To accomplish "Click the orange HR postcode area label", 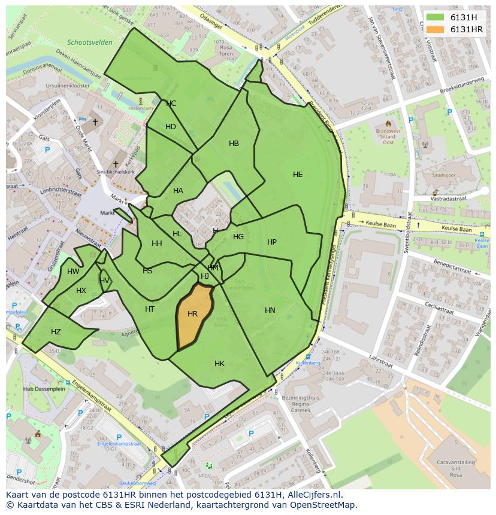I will point(192,314).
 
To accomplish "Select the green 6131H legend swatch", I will point(435,17).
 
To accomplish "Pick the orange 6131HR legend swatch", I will point(435,29).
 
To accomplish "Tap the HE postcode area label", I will point(298,175).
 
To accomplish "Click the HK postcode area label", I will point(219,364).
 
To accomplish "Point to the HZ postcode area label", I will point(56,332).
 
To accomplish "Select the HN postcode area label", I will point(270,310).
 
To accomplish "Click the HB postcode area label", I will point(234,144).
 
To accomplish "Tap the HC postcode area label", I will point(171,103).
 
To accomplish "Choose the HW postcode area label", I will point(73,272).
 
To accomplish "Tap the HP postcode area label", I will point(272,242).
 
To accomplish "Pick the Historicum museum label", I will point(141,108).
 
